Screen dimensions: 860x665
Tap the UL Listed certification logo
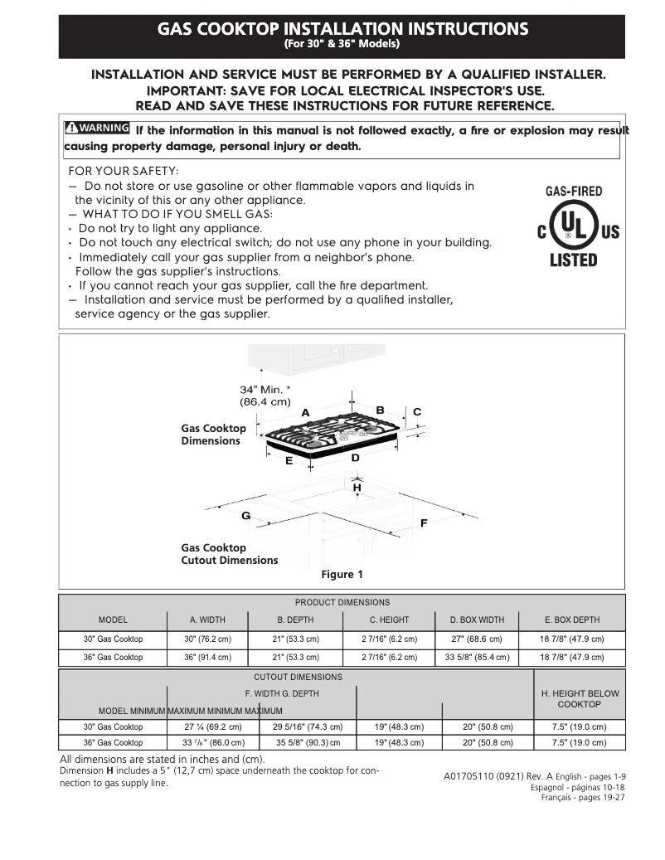pos(573,226)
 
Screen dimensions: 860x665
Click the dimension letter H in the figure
pos(357,488)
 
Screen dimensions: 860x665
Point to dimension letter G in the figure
pos(245,516)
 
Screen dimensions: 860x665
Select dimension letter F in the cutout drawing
pos(424,523)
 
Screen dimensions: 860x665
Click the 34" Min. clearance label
pos(265,396)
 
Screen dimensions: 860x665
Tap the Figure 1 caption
pos(342,574)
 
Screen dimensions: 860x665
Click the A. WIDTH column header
pos(207,619)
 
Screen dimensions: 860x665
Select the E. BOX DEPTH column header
pos(571,619)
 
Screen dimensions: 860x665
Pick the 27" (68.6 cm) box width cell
pos(477,639)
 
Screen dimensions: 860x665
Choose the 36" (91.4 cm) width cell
pos(207,657)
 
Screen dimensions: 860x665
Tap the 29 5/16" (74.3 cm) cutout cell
pos(308,726)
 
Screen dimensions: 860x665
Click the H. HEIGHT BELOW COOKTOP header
pos(580,698)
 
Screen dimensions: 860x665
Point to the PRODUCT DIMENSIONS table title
pos(342,602)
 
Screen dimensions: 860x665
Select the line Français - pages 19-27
pos(582,798)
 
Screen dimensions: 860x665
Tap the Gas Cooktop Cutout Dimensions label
pos(229,554)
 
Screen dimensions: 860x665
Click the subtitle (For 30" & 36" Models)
pos(342,43)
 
